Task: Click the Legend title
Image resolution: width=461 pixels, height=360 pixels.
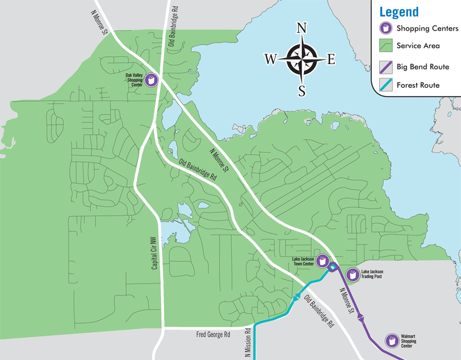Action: [399, 12]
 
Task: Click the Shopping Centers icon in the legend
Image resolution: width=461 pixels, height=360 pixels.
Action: [385, 28]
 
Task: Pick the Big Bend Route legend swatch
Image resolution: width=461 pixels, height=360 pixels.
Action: [385, 67]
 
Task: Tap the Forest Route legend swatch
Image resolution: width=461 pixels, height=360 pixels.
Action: [385, 85]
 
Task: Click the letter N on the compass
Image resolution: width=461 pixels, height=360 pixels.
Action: [302, 29]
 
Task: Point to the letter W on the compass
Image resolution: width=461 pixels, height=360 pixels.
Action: [270, 58]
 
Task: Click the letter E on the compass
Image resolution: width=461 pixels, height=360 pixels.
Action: [331, 58]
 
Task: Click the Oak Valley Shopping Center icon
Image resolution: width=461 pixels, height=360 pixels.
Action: [152, 80]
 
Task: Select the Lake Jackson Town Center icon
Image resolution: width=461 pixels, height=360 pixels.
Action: [322, 261]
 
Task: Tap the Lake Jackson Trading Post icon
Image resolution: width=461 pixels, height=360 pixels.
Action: [353, 275]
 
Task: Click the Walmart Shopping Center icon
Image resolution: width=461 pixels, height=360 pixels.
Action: [392, 341]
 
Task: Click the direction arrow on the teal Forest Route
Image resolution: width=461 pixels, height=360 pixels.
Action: [297, 297]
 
